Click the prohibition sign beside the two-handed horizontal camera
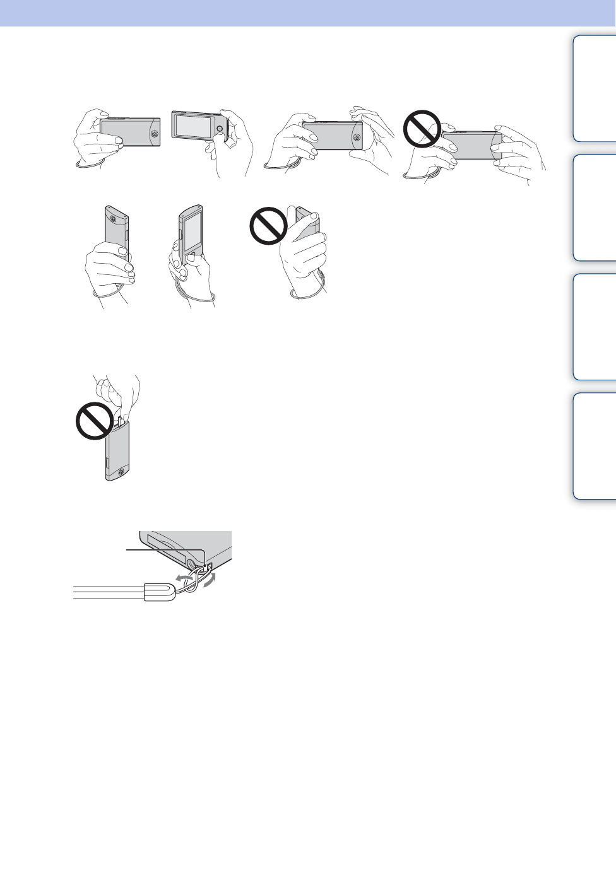tap(422, 129)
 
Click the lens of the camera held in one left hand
tap(154, 134)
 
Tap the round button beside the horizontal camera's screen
tap(219, 129)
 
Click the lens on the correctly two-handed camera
tap(357, 136)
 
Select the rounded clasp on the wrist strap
tap(160, 592)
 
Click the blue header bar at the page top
tap(308, 13)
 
